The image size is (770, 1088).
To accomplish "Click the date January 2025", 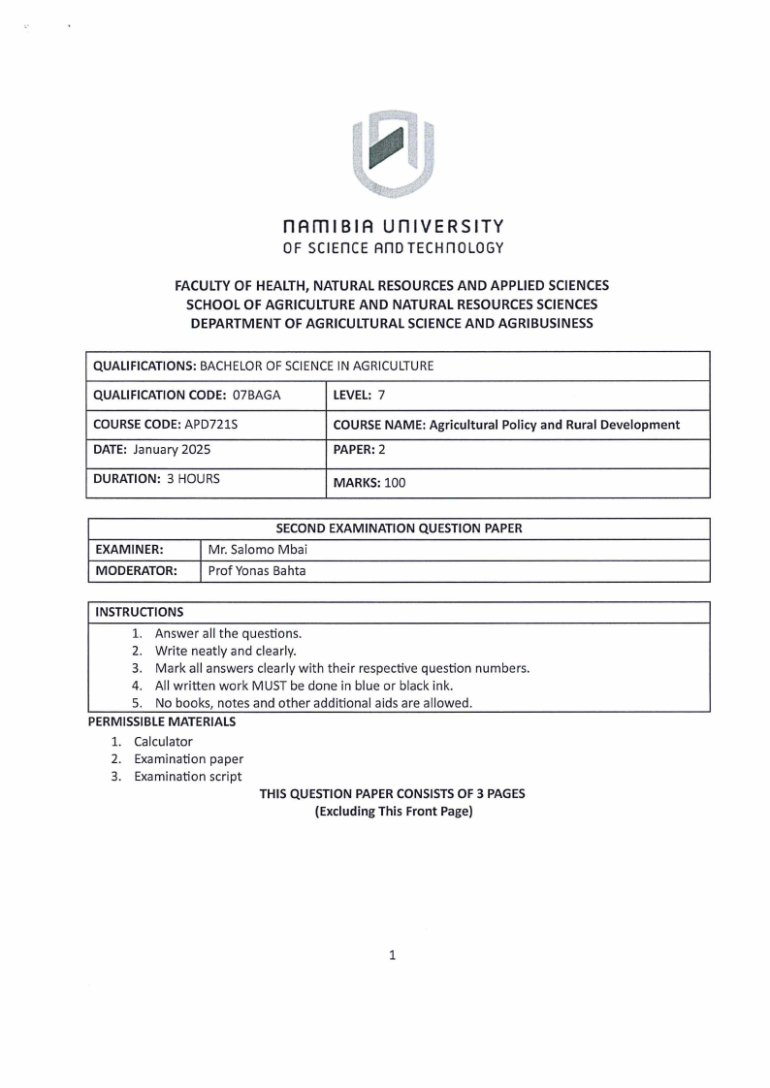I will point(171,450).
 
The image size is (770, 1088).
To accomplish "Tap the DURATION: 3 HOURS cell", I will point(156,478).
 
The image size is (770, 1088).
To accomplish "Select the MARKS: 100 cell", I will point(369,482).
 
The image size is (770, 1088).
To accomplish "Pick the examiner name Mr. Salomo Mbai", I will point(258,550).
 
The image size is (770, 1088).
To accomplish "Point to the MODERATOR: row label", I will point(136,571).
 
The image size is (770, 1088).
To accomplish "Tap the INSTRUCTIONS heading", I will point(139,612).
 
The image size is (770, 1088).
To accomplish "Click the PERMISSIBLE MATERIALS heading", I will point(161,721).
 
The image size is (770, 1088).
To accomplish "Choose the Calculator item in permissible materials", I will point(163,742).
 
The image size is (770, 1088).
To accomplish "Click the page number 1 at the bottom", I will point(393,955).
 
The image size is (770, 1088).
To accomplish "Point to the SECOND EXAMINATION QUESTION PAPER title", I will point(399,528).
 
